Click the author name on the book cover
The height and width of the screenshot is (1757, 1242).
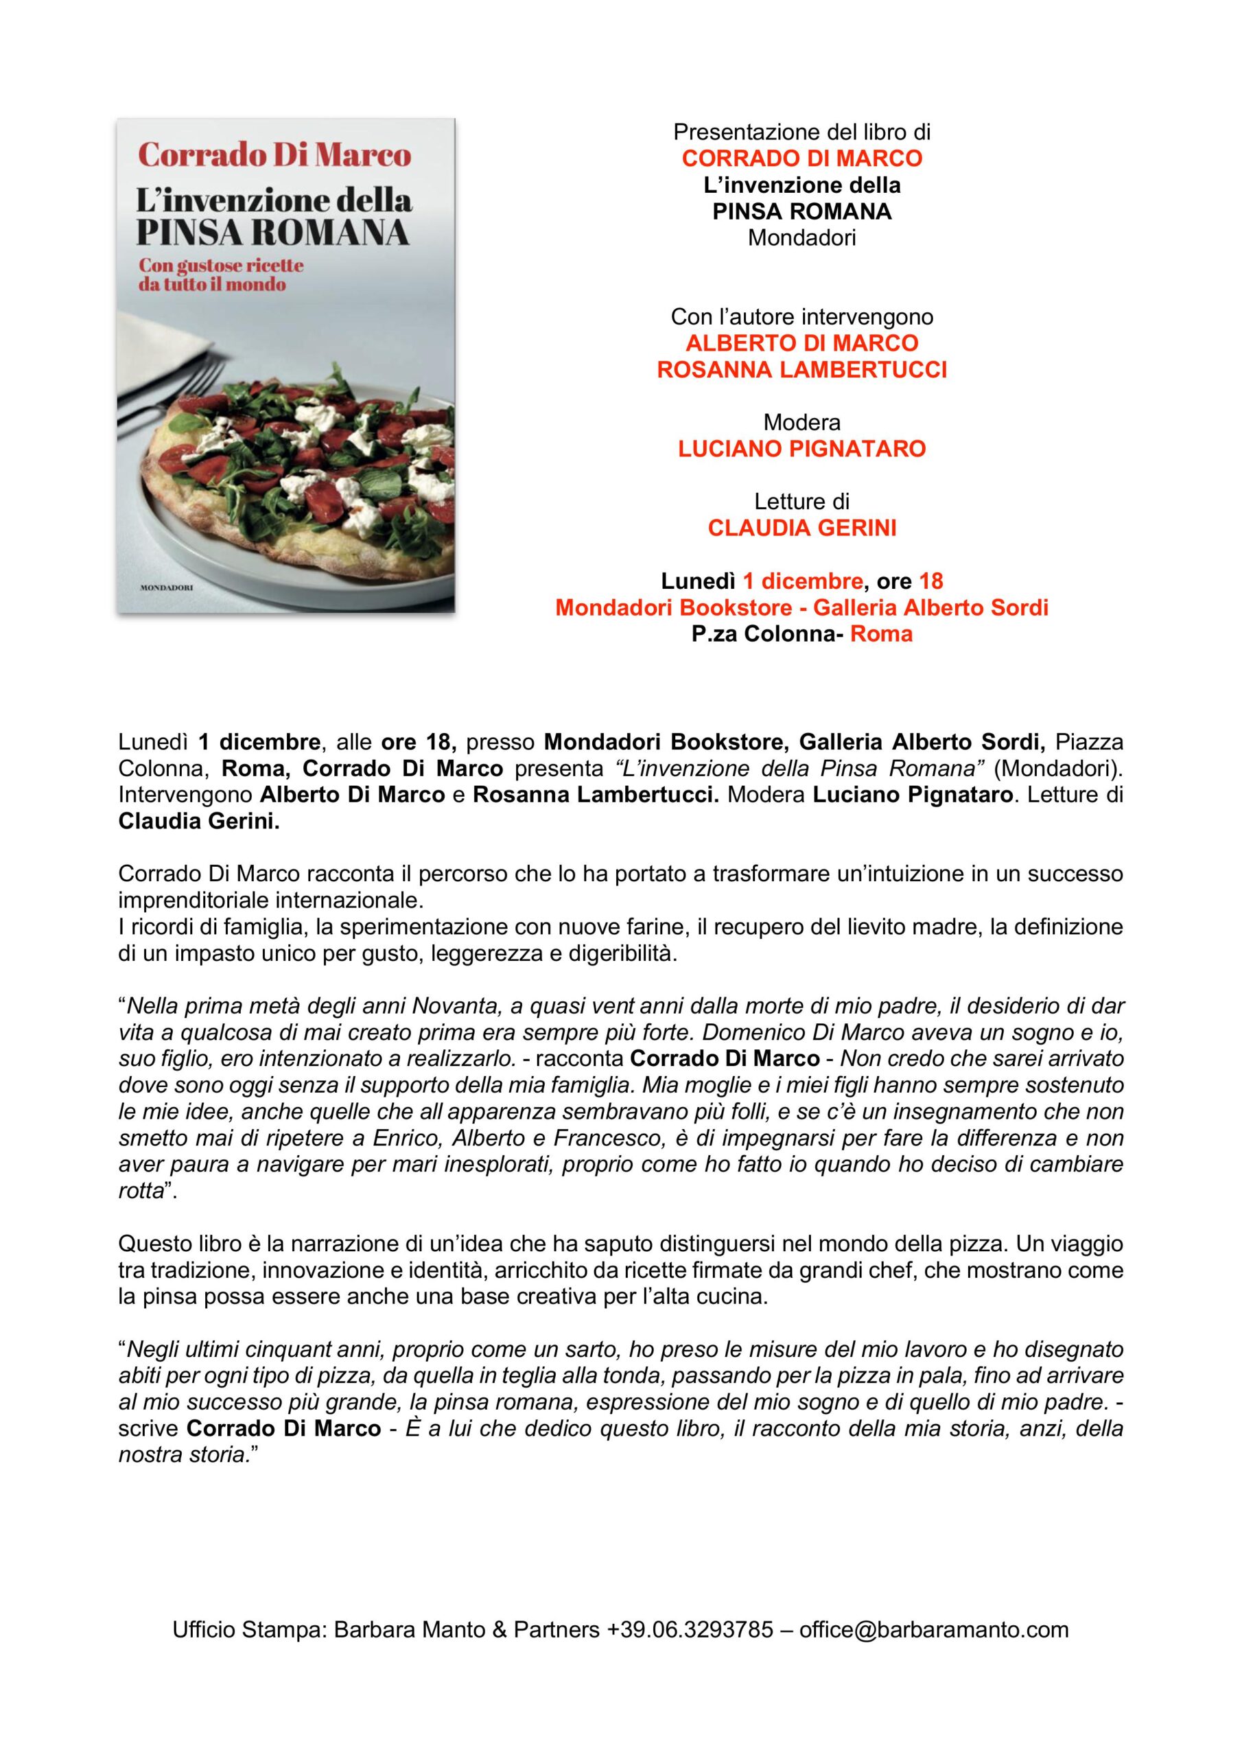point(274,155)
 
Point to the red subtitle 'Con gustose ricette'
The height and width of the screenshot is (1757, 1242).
point(220,266)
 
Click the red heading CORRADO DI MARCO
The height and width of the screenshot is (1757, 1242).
point(801,159)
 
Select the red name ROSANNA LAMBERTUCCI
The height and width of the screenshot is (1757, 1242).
point(801,371)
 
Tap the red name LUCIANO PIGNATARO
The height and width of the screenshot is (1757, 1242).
point(801,449)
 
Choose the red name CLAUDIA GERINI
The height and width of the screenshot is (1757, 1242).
point(801,528)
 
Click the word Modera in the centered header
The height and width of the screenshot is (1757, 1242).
point(801,422)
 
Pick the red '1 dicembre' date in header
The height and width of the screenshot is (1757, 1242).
point(803,581)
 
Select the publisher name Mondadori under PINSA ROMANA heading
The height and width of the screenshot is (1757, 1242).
point(801,238)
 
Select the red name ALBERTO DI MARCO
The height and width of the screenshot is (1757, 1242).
point(801,344)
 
